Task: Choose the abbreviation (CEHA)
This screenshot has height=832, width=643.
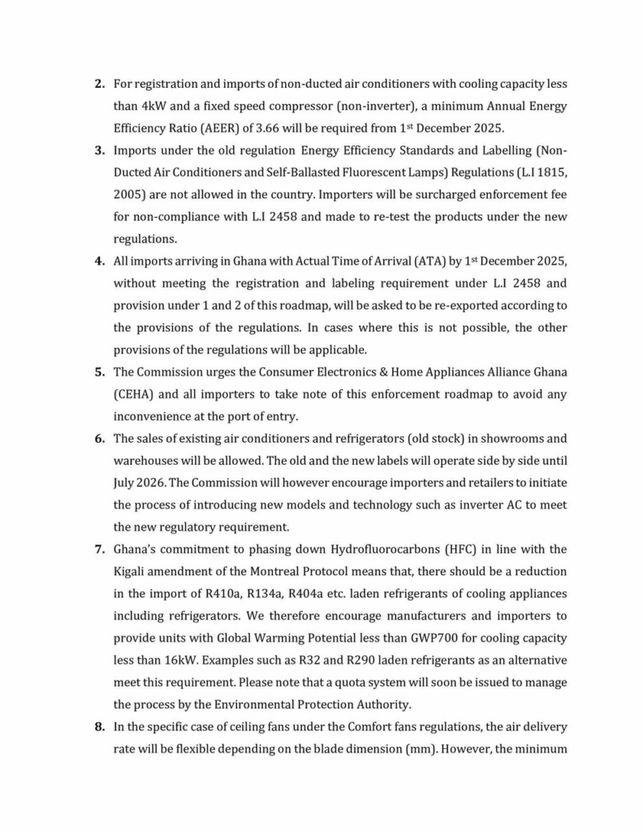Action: (136, 394)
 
